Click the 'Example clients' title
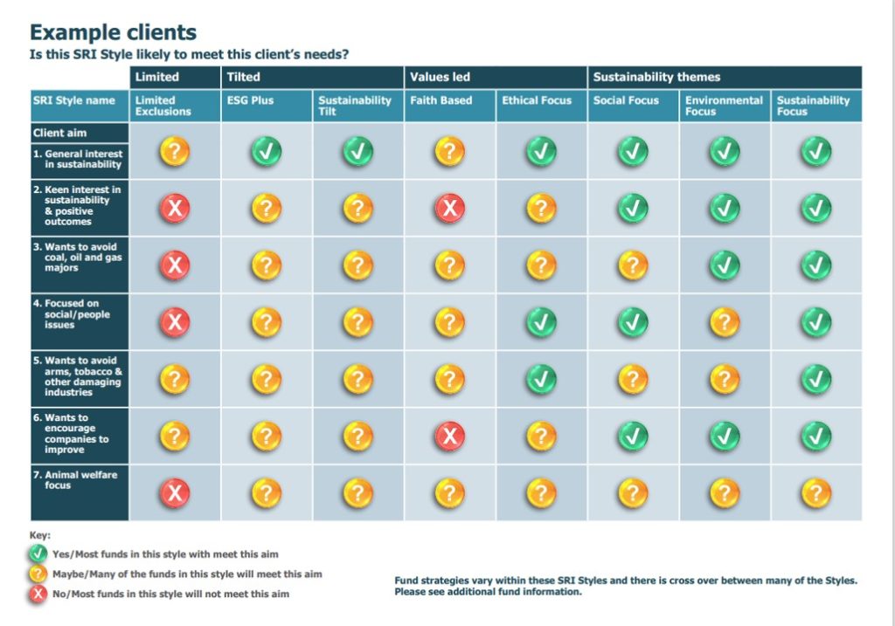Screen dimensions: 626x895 point(113,33)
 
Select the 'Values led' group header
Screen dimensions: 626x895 point(441,77)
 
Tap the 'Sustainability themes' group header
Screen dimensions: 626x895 point(656,77)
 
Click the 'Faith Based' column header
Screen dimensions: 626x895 point(441,100)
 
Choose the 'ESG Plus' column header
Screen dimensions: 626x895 point(250,100)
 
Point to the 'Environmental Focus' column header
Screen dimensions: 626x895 point(724,106)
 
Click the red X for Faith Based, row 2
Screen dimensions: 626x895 point(449,208)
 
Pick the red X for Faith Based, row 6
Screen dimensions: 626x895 point(449,436)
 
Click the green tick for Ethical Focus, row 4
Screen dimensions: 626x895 point(541,322)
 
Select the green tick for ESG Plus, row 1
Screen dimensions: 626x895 point(267,152)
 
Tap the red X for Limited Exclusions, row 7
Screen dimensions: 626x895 point(175,493)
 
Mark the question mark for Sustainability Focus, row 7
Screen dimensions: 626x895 point(815,493)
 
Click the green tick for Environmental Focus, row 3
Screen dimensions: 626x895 point(724,265)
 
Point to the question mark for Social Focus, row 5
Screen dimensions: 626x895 point(633,379)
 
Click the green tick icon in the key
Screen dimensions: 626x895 point(38,554)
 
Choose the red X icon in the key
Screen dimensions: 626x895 point(38,594)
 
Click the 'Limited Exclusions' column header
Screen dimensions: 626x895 point(163,106)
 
